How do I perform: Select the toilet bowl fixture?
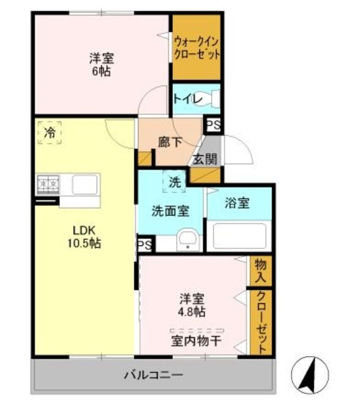(x=215, y=99)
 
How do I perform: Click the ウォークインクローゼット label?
(x=197, y=48)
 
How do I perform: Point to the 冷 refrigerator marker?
(x=49, y=133)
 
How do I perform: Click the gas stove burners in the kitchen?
(x=45, y=184)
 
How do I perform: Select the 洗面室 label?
(x=170, y=211)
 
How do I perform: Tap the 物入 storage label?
(x=260, y=270)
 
